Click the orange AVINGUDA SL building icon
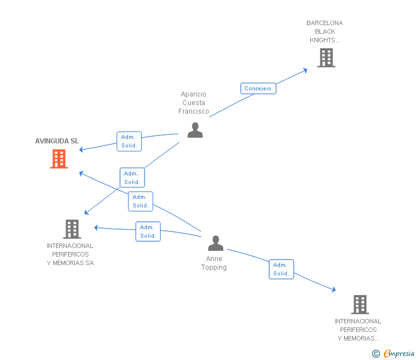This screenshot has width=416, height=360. pos(59,159)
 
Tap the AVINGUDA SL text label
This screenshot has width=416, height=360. pos(57,141)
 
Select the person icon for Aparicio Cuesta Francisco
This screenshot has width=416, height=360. pos(195,130)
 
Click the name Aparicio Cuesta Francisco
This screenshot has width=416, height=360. pos(194,103)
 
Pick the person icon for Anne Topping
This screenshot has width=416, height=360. pos(215,243)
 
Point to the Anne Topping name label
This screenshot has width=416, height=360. pos(214,263)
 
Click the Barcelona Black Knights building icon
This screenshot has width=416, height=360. pos(326,58)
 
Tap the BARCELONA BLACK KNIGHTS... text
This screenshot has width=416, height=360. pos(325,32)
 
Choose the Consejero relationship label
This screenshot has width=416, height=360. pos(258,89)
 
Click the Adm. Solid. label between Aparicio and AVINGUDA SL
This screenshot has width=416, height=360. pos(129,141)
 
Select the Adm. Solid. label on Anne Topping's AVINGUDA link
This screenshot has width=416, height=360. pos(141,201)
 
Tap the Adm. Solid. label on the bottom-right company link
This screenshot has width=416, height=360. pos(281,269)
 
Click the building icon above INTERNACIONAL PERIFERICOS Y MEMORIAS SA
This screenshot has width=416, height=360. pos(71,229)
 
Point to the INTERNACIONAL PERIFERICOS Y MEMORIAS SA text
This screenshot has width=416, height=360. pos(70,254)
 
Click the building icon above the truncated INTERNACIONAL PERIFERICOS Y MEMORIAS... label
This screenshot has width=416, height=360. pos(359,305)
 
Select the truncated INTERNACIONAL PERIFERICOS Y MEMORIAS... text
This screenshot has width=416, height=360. pos(358,330)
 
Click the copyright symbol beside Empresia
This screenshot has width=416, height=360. pos(376,354)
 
